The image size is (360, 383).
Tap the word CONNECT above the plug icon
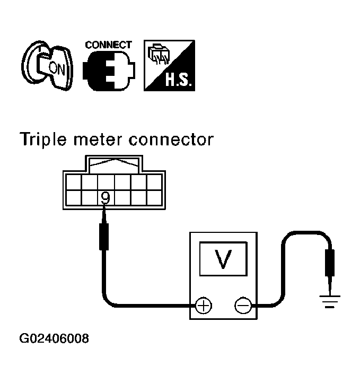tap(109, 45)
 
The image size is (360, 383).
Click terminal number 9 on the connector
tap(106, 198)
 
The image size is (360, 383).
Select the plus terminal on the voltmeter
tap(204, 306)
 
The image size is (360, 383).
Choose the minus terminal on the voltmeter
tap(243, 306)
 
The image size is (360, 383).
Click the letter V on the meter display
tap(224, 259)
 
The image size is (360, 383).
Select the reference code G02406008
tap(54, 338)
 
